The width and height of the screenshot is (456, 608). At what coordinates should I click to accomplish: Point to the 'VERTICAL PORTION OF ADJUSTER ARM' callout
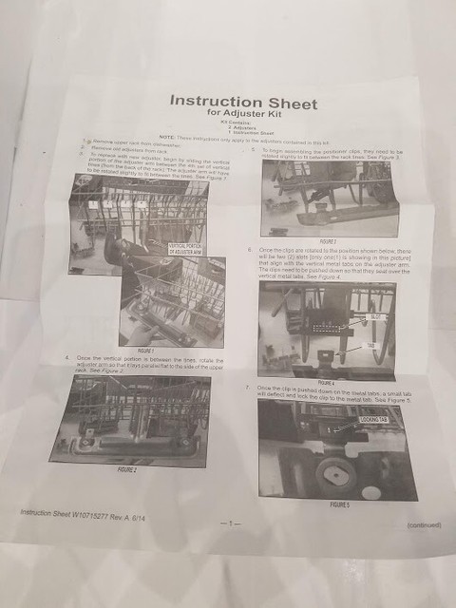point(188,248)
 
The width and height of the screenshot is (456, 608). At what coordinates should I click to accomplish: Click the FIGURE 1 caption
point(144,351)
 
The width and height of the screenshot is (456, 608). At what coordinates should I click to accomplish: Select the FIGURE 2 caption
point(126,469)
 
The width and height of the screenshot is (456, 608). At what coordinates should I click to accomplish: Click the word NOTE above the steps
point(168,141)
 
